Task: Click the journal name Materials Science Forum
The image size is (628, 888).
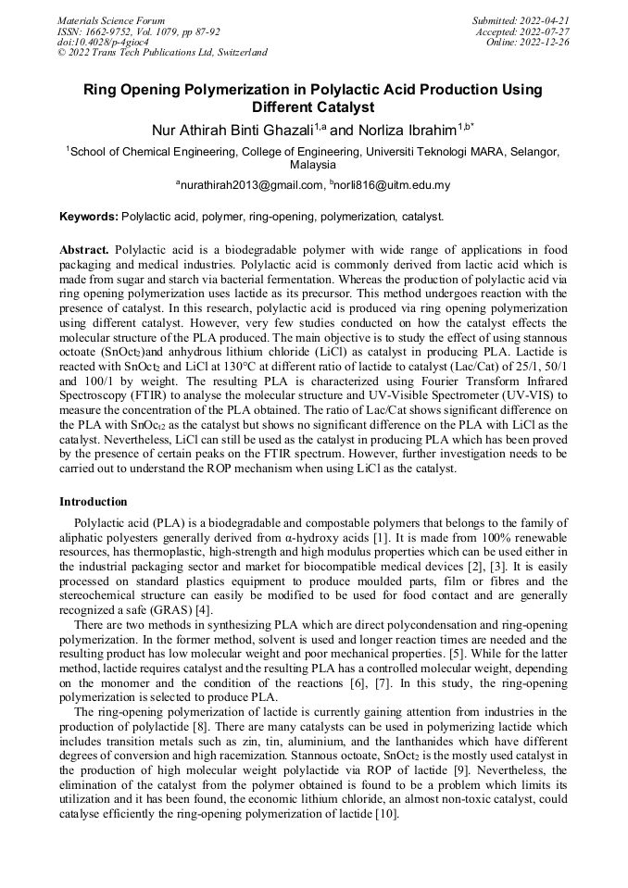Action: point(111,20)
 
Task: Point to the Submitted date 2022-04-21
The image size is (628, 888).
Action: point(521,20)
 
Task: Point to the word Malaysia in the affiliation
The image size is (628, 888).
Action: point(313,165)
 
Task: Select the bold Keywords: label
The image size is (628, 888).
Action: point(89,217)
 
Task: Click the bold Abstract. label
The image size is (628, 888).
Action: point(84,250)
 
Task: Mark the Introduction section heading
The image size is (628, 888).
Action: point(94,502)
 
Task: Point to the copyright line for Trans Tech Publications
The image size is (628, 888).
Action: point(162,53)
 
